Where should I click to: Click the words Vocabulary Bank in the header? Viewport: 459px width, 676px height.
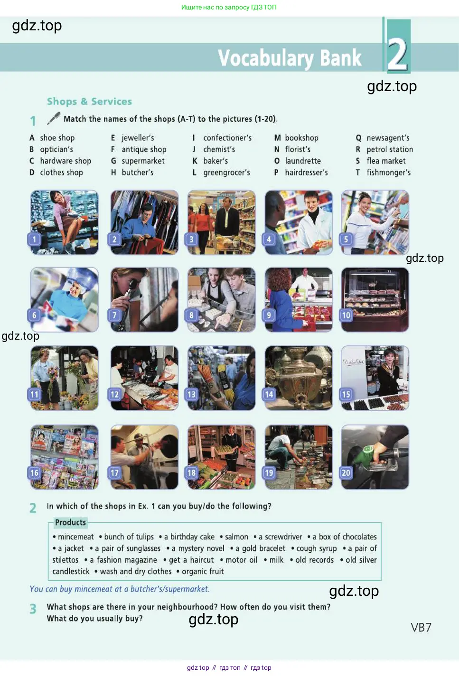coord(290,58)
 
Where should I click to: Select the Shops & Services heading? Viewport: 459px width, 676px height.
coord(89,102)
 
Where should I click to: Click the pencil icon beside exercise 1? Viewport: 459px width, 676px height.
coord(54,118)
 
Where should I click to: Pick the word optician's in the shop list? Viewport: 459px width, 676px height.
coord(56,149)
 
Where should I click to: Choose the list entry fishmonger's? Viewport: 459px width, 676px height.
coord(389,172)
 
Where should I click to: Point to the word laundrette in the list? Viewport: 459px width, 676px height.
coord(303,161)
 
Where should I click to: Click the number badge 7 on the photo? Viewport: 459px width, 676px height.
coord(114,315)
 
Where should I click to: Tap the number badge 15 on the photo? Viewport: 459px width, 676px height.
coord(346,394)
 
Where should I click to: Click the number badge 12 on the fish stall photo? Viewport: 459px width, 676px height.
coord(114,394)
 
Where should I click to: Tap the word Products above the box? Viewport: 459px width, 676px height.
coord(71,522)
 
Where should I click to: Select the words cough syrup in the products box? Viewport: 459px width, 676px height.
coord(317,548)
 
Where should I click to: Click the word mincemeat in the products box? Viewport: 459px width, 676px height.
coord(76,537)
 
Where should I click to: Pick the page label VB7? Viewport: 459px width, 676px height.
coord(421,628)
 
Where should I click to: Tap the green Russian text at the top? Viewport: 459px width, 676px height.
coord(229,7)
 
